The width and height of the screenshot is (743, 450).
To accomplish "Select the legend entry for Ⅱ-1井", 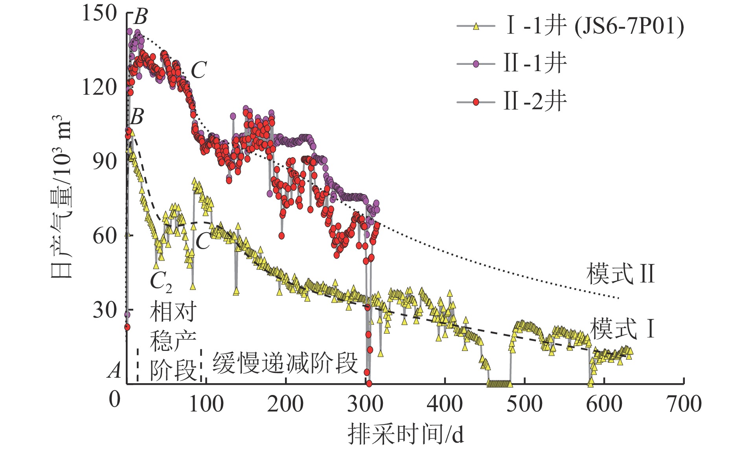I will (535, 64).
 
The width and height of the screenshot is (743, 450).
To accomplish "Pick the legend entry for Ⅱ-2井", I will (535, 102).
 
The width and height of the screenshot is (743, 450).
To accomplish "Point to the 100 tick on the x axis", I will (206, 404).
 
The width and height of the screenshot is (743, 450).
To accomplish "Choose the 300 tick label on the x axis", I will (365, 404).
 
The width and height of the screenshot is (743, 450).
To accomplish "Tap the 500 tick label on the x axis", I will (524, 404).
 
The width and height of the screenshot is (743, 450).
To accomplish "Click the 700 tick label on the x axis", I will (684, 404).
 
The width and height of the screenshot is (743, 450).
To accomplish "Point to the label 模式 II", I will (620, 274).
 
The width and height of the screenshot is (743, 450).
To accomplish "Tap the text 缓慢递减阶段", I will (285, 363).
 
